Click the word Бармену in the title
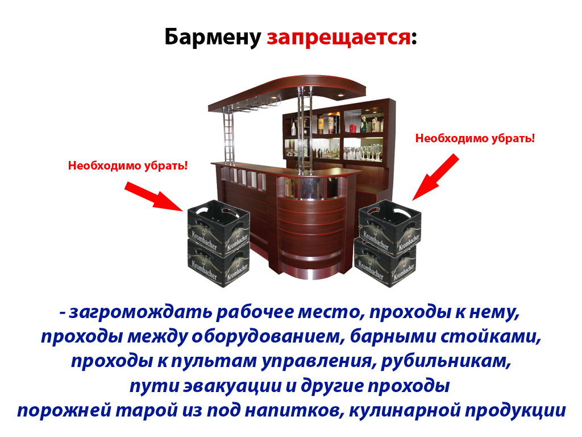213,37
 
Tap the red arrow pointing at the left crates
153,196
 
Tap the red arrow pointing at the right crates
436,177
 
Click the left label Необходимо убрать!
128,166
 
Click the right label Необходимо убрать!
475,138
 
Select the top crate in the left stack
219,226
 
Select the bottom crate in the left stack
218,263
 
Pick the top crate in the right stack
390,226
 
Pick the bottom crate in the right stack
385,263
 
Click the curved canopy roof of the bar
287,92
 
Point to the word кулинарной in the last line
404,410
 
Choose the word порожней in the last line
64,410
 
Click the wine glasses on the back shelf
364,152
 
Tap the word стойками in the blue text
490,337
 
